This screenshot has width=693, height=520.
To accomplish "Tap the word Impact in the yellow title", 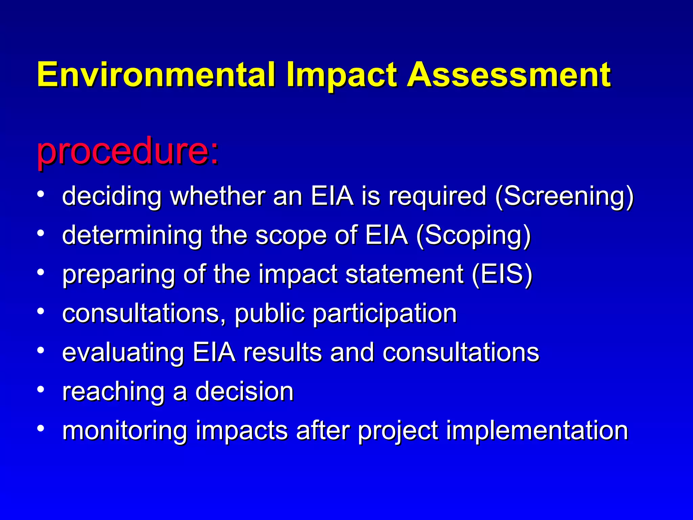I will [341, 75].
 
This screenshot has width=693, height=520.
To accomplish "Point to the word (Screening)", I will [564, 196].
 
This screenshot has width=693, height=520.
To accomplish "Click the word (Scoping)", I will [473, 235].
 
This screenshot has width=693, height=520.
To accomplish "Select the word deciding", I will [112, 196].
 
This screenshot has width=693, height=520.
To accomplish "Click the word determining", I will [132, 235].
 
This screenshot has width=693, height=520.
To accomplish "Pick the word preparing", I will [119, 275].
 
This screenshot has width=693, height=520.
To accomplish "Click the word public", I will [270, 313].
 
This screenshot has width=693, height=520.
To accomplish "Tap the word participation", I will [385, 314].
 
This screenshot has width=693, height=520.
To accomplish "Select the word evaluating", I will [123, 353].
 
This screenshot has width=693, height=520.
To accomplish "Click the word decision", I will [244, 391].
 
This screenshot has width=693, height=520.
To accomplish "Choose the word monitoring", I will [125, 431].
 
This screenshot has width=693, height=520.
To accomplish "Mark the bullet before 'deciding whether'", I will [41, 194].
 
